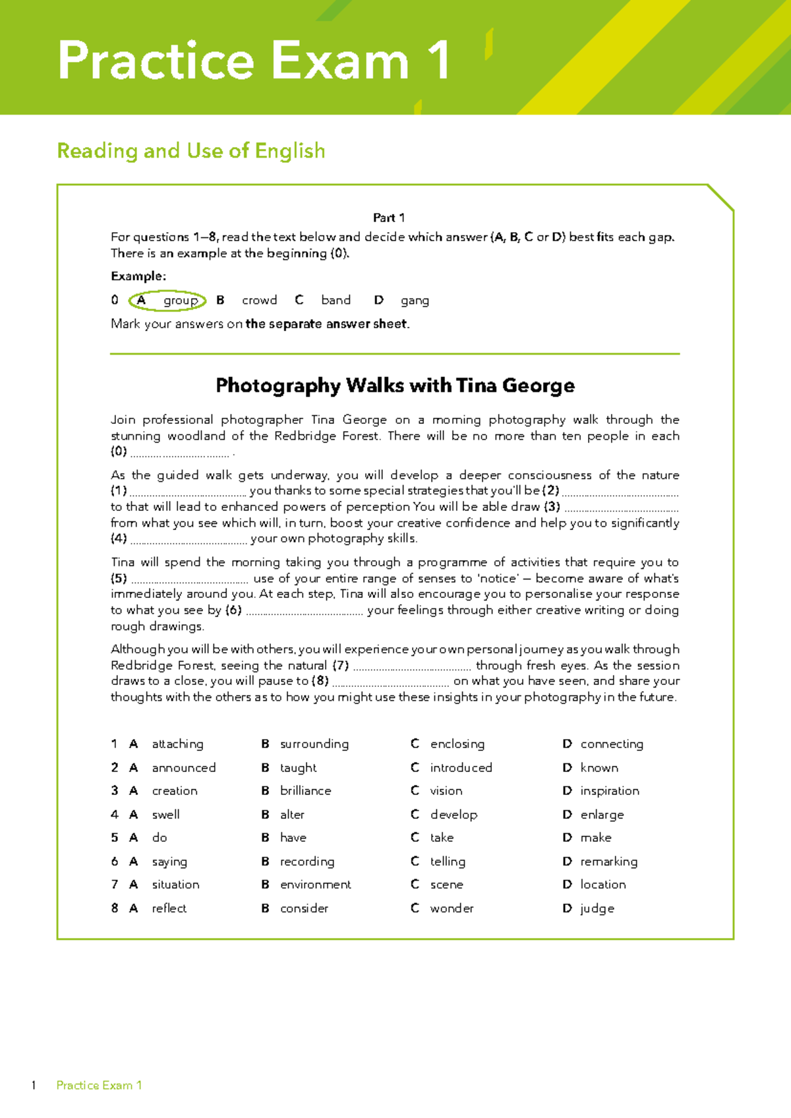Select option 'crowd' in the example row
[259, 301]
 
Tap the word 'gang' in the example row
[415, 301]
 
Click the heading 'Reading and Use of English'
[191, 151]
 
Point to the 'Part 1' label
[389, 218]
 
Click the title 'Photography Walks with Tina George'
[395, 385]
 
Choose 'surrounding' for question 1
[314, 744]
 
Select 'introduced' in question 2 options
[461, 767]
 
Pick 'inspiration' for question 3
[609, 790]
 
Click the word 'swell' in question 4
[165, 814]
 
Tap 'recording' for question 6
[307, 861]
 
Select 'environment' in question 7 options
[315, 884]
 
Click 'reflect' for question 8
[169, 908]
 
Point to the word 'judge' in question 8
[597, 908]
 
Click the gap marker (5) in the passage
[119, 578]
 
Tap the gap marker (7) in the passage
[341, 665]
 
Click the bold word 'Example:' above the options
[138, 276]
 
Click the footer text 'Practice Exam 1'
[99, 1085]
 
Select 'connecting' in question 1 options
[611, 744]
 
